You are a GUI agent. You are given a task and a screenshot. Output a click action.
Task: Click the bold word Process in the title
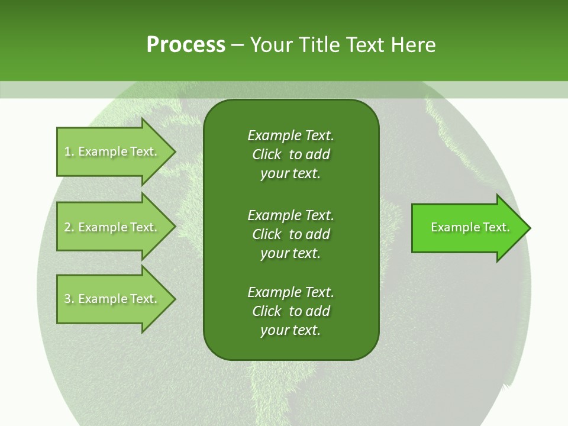186,45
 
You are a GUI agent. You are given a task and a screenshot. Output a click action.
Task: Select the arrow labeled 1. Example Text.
112,151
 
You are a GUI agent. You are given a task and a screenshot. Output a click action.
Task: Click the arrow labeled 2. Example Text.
112,227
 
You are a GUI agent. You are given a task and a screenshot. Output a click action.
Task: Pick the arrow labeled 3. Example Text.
112,299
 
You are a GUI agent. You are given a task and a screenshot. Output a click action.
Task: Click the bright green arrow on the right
467,228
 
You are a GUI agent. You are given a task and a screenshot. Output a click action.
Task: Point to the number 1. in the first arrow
69,151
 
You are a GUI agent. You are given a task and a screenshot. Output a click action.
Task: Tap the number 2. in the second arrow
69,227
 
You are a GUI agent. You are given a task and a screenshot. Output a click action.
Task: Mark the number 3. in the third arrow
69,299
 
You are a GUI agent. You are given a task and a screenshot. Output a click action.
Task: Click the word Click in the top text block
267,154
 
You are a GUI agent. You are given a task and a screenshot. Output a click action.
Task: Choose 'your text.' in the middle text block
291,253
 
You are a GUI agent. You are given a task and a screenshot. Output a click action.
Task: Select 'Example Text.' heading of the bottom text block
291,292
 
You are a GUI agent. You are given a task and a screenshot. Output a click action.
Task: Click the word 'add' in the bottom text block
318,311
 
